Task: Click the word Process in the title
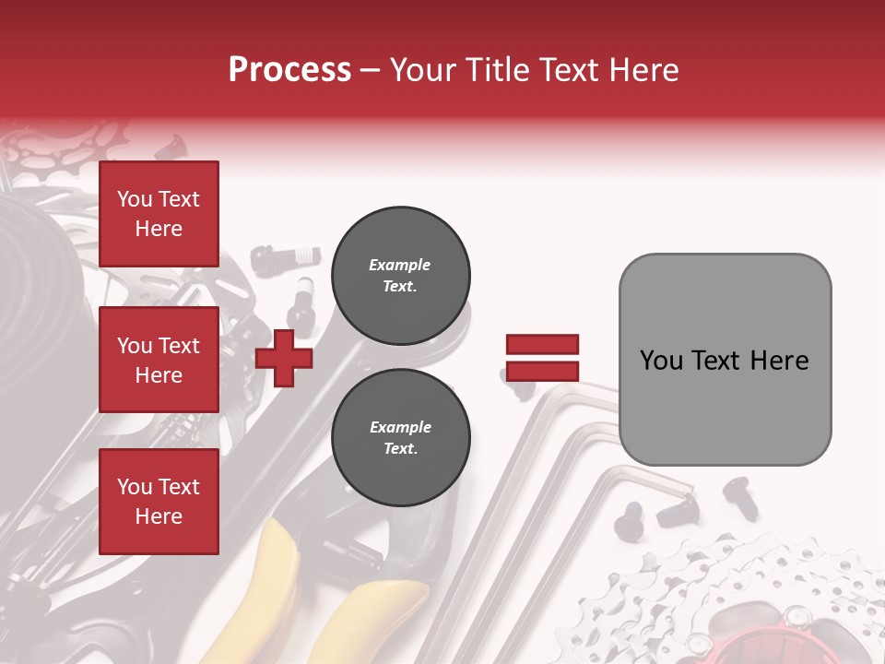[x=289, y=70]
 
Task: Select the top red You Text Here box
[x=159, y=213]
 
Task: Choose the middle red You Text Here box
[x=159, y=360]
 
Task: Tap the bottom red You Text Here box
[x=159, y=501]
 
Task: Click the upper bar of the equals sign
[x=542, y=344]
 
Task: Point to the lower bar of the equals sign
[x=542, y=371]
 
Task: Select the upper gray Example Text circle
[x=400, y=276]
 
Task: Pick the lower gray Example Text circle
[x=400, y=438]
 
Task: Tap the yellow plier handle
[x=277, y=563]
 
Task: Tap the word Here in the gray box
[x=779, y=361]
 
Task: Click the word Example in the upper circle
[x=400, y=265]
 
